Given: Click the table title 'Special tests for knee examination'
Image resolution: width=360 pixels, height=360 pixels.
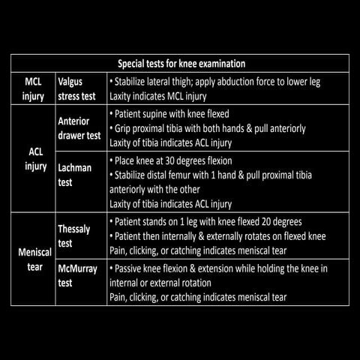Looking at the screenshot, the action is point(181,64).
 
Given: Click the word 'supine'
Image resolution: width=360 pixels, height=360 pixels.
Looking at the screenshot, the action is point(162,115).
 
